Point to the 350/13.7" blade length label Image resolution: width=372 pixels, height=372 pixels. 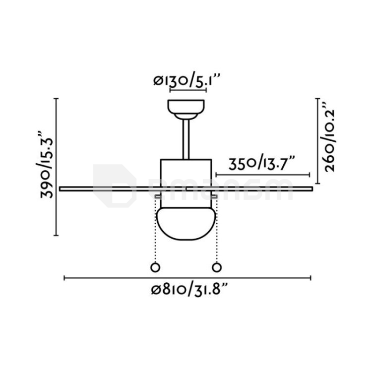(263, 162)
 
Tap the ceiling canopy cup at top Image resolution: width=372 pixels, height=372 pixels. (186, 107)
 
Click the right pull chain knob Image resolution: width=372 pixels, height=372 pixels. (216, 267)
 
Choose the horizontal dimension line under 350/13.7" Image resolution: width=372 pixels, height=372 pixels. (263, 174)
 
